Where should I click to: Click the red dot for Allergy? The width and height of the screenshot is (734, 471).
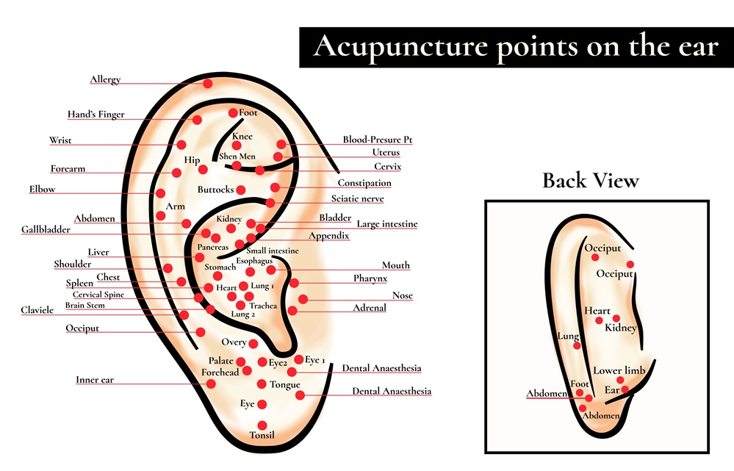[x=208, y=84]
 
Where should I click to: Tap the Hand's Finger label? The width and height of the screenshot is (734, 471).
[x=96, y=114]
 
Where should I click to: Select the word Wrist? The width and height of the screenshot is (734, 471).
[x=60, y=140]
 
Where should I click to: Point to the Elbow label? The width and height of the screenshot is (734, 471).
[x=42, y=189]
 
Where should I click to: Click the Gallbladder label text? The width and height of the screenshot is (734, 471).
[x=46, y=229]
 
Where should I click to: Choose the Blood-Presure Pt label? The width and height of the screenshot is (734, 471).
[x=378, y=140]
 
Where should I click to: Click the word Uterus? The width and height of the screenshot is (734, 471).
[x=386, y=152]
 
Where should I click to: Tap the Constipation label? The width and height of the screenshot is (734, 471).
[x=364, y=183]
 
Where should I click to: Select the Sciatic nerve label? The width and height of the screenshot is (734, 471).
[x=357, y=198]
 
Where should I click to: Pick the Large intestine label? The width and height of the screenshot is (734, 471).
[x=387, y=224]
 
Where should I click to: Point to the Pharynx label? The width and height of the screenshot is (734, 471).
[x=370, y=278]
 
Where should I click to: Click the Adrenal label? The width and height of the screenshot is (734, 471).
[x=370, y=308]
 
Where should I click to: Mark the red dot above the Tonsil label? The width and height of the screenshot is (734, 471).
[x=262, y=425]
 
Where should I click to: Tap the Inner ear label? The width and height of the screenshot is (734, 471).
[x=95, y=380]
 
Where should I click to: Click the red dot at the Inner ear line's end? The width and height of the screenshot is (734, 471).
[x=211, y=384]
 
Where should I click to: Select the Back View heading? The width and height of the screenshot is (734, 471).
[x=591, y=180]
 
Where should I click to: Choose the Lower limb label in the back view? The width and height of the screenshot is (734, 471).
[x=619, y=370]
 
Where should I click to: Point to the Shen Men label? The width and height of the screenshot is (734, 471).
[x=237, y=157]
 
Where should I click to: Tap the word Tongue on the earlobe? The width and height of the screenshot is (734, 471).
[x=284, y=385]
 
